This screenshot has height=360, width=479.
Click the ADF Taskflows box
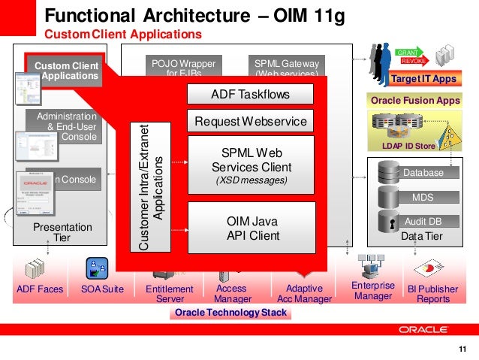click(x=249, y=95)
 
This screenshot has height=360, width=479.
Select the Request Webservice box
click(x=249, y=121)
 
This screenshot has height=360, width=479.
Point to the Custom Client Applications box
click(x=65, y=71)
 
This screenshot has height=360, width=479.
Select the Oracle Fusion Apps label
click(x=415, y=100)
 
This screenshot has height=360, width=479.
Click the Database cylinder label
click(x=423, y=173)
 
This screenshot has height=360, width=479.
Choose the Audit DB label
click(x=423, y=222)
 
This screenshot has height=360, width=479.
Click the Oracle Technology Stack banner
click(x=230, y=313)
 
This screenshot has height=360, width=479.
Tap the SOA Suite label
click(x=102, y=289)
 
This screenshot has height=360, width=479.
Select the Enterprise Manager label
click(x=372, y=291)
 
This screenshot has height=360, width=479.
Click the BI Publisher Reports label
click(x=432, y=294)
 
